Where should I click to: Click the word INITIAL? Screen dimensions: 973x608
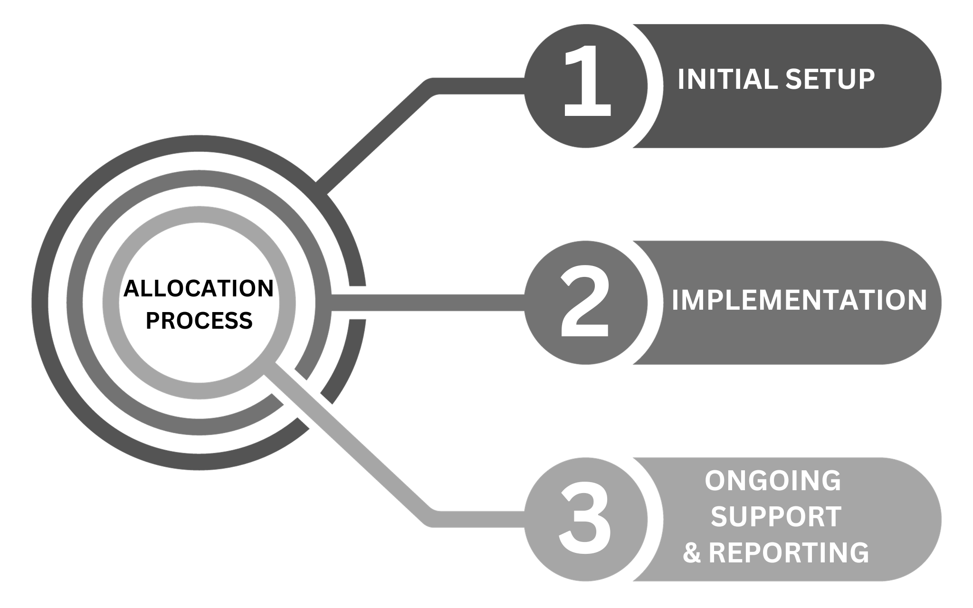[727, 79]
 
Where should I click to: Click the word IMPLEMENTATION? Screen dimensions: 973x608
[799, 300]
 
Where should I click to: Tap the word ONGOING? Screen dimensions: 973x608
[773, 481]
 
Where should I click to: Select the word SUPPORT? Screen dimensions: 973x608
[776, 517]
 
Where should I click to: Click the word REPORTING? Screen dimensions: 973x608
[789, 552]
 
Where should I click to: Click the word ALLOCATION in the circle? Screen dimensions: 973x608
[199, 288]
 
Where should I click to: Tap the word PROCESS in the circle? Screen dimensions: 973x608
[199, 321]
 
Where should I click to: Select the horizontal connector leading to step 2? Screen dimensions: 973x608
[428, 303]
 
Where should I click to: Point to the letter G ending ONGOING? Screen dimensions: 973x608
[830, 481]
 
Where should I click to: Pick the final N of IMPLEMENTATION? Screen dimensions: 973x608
[916, 300]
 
